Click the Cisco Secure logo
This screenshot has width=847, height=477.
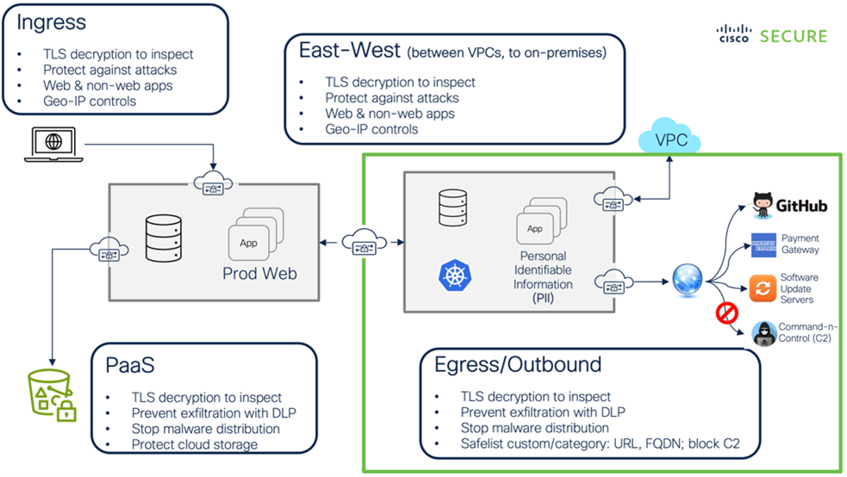(771, 35)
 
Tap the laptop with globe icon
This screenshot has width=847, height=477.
(53, 144)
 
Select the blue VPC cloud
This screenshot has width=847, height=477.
(671, 139)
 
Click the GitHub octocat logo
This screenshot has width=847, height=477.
(763, 205)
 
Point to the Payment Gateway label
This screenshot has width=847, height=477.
(800, 244)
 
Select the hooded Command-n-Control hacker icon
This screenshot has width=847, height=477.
(763, 333)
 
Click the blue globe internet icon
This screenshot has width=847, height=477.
(688, 281)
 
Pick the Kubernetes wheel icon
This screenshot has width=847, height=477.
(452, 276)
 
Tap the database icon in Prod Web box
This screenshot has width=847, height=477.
(164, 234)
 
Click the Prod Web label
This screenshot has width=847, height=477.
(259, 273)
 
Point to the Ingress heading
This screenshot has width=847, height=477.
(51, 22)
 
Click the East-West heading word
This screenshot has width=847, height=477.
(348, 51)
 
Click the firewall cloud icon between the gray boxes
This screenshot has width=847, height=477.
(363, 243)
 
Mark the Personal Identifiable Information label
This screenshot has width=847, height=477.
(544, 270)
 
